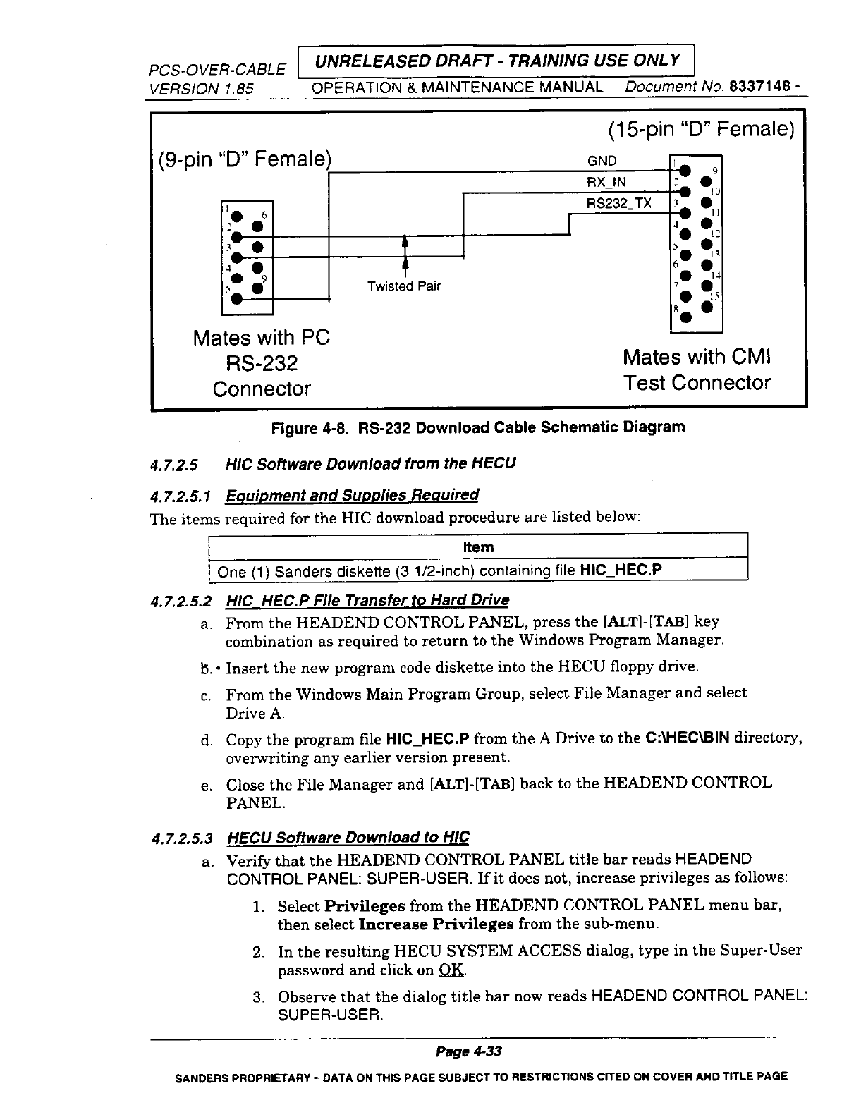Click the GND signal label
click(x=602, y=161)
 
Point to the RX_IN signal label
click(x=607, y=183)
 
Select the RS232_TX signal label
click(x=619, y=204)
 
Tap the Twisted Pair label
click(x=403, y=286)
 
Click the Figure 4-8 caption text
click(x=478, y=427)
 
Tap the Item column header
click(x=478, y=547)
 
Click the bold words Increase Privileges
click(x=436, y=924)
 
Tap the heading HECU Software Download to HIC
click(x=347, y=838)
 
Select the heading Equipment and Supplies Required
click(x=351, y=495)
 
